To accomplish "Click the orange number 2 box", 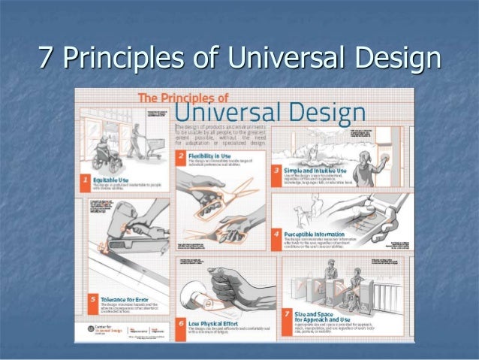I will point(180,156).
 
